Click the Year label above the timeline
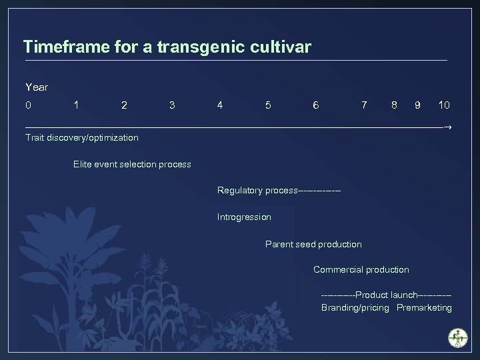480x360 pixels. pos(37,87)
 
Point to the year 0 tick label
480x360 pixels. pos(28,105)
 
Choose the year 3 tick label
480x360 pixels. pos(172,105)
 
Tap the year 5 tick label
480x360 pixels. pos(268,105)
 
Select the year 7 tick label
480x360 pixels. pos(363,105)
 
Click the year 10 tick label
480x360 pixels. pos(443,105)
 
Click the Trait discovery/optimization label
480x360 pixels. pos(81,138)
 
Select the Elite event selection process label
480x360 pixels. pos(132,164)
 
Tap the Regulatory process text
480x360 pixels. pos(257,191)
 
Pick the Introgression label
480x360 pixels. pos(244,217)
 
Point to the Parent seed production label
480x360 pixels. pos(313,244)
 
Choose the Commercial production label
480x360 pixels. pos(361,269)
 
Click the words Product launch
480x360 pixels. pos(386,295)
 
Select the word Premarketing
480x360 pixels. pos(424,308)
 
